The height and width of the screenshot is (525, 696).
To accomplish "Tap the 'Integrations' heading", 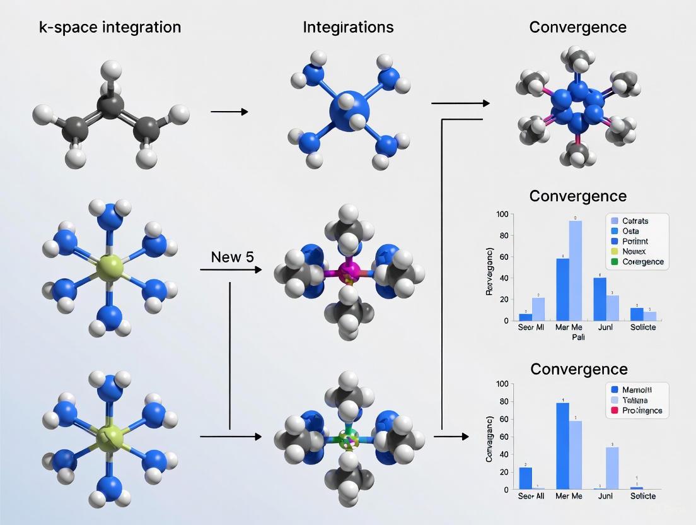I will coord(348,27).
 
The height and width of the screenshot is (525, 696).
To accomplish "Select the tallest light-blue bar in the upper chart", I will coord(575,270).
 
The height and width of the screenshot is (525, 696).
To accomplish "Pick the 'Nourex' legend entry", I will coord(635,251).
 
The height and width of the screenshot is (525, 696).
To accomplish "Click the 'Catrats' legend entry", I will coord(635,221).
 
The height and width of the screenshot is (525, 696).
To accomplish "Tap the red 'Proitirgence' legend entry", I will coord(642,410).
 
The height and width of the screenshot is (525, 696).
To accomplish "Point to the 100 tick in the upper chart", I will coord(502,215).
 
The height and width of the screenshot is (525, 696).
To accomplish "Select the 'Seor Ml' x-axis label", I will coord(531,327).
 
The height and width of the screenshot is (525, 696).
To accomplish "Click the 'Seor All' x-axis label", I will coord(531,496).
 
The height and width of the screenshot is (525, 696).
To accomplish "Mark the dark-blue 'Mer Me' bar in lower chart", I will coord(562,445).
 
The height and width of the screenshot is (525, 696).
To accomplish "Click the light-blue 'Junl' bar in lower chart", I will coord(612,468).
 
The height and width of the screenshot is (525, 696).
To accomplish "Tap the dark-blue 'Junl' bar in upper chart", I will coord(600,298).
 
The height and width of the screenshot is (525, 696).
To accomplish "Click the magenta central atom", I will coord(349,273).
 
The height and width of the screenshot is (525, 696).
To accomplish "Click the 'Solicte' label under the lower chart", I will coord(642,496).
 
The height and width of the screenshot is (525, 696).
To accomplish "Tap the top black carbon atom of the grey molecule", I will coord(111,106).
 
